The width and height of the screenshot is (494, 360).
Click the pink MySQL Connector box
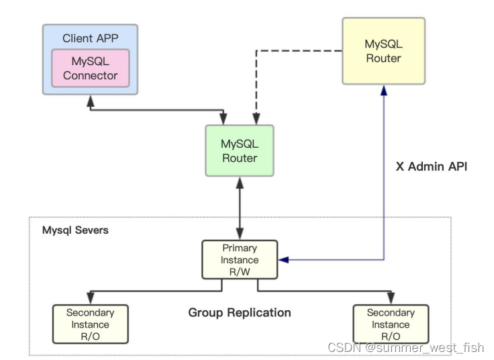pos(90,68)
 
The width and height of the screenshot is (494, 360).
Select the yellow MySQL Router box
pos(383,51)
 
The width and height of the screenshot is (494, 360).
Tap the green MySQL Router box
pos(240,151)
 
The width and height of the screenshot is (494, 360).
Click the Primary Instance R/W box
pos(240,259)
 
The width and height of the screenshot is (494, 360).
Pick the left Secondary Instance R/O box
pos(90,324)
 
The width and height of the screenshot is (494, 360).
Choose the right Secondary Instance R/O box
pos(391,324)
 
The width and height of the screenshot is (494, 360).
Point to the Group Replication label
pos(240,312)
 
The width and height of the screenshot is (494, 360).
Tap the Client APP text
pos(90,38)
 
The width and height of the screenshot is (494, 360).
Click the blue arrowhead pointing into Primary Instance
pos(283,259)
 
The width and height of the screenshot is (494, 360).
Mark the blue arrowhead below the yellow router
pos(383,89)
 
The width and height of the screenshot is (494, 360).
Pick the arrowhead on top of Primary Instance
pos(240,235)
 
